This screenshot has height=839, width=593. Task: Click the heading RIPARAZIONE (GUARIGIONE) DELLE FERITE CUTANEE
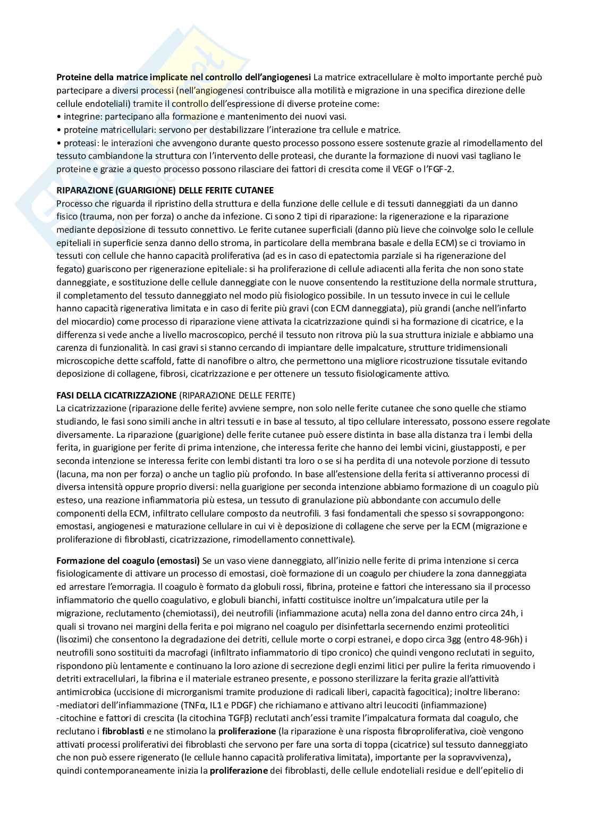(x=165, y=190)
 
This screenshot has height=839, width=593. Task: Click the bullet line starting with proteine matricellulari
(x=228, y=130)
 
